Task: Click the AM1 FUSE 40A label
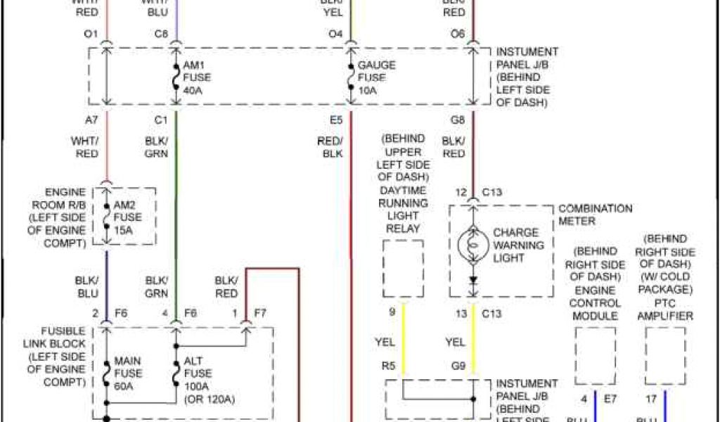(x=196, y=77)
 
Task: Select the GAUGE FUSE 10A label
(x=376, y=77)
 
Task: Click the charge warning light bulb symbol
(x=472, y=245)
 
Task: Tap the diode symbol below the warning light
(x=472, y=280)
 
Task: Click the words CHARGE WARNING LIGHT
(x=518, y=245)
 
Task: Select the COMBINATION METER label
(x=595, y=215)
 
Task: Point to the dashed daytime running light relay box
(x=403, y=268)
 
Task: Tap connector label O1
(x=90, y=34)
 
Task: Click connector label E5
(x=336, y=120)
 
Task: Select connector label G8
(x=458, y=120)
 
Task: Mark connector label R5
(x=387, y=366)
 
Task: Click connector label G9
(x=458, y=366)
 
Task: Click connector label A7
(x=91, y=120)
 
